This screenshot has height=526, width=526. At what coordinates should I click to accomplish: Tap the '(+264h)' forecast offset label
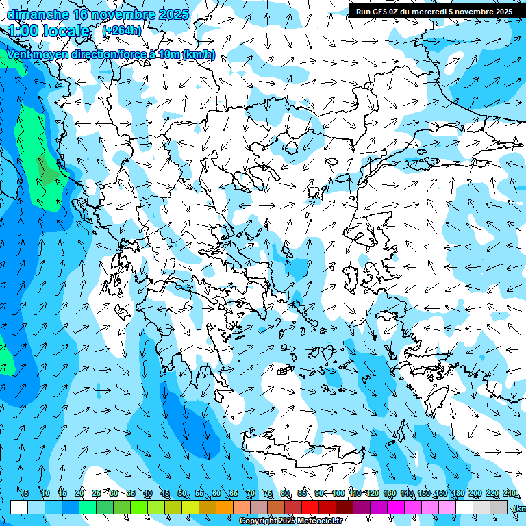122,30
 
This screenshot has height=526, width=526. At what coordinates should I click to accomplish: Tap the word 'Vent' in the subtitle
19,55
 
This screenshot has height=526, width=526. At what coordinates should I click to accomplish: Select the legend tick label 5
26,494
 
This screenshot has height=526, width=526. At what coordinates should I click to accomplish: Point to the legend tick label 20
79,494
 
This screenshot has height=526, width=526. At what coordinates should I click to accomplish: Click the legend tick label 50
182,494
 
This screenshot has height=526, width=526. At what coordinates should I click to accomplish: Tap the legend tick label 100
338,494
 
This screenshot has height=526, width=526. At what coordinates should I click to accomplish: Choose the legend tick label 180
458,494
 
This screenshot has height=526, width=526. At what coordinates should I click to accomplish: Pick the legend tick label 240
509,494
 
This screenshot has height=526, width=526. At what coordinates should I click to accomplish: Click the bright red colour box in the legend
310,507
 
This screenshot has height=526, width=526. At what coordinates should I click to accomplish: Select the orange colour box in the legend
225,507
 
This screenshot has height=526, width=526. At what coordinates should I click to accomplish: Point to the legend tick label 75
268,494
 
